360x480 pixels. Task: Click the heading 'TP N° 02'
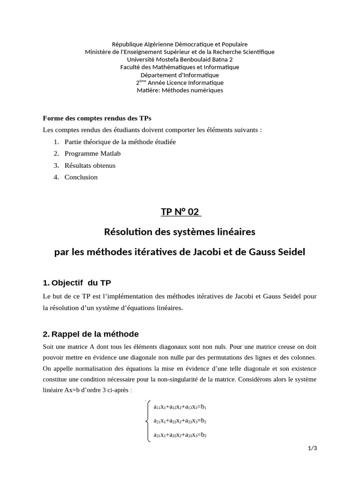180,212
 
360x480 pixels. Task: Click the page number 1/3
313,449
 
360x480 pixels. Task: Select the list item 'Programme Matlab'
88,153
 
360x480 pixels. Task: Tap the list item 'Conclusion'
81,177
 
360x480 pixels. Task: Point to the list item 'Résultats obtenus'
90,165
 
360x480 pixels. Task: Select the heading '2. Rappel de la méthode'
90,334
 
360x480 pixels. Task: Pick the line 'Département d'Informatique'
180,75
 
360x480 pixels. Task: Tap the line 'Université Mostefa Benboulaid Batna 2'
180,60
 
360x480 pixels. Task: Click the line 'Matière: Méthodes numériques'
180,90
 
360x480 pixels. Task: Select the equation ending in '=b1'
180,407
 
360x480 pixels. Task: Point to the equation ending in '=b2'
180,421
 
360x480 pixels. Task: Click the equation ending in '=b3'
180,435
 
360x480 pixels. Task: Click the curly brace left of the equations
149,421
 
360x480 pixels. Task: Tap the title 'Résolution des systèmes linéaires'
180,232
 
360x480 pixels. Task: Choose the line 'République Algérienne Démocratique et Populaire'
180,44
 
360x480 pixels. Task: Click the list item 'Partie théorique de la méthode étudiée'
120,142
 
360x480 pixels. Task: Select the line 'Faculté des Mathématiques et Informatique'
180,67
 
